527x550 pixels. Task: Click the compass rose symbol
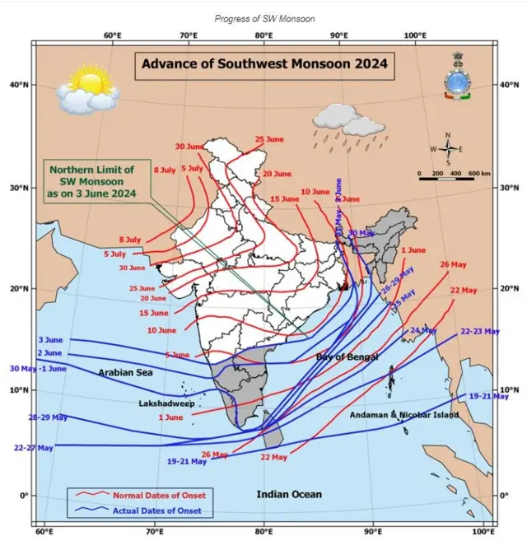(x=448, y=149)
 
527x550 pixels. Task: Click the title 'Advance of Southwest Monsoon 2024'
(x=264, y=63)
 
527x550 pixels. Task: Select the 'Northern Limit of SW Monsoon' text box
(x=91, y=180)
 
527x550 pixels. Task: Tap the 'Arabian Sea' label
(x=125, y=373)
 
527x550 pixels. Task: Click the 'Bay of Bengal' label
(x=347, y=357)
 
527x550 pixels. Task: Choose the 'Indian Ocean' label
(x=288, y=494)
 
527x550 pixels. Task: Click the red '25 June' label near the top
(x=269, y=140)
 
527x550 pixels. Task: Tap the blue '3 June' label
(x=51, y=340)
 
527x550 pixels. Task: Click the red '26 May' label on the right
(x=454, y=264)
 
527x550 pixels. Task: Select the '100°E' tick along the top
(x=414, y=35)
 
